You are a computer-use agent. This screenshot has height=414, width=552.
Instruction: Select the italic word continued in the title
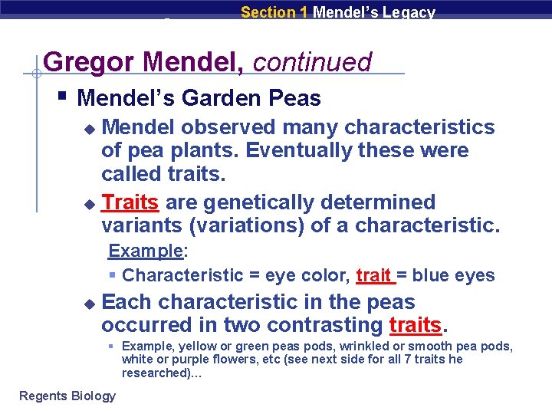coord(312,62)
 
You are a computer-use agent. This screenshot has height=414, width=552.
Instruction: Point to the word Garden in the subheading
coord(226,98)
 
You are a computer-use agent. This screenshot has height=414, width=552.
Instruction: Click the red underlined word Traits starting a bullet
coord(130,202)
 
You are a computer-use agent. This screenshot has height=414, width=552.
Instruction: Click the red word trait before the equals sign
coord(375,275)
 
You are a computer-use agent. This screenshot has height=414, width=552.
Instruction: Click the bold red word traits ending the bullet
coord(416,325)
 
